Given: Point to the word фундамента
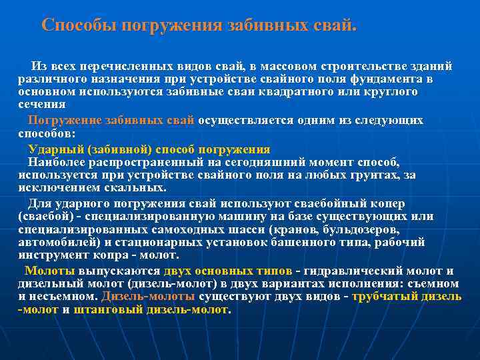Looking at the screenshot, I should click(387, 79).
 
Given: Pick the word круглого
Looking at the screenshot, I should click(389, 91).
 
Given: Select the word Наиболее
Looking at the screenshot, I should click(55, 162).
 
